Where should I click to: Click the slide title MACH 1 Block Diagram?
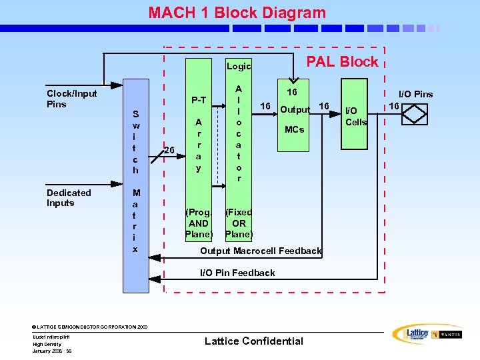(x=237, y=13)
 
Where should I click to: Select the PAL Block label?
(x=341, y=62)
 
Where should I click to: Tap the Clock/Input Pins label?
(x=71, y=99)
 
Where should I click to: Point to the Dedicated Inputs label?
(x=69, y=197)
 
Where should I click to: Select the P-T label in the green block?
(x=199, y=100)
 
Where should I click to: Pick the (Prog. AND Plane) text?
(x=199, y=223)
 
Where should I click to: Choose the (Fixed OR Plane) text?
(x=239, y=223)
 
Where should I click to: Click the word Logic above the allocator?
(x=239, y=66)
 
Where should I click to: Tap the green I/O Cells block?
(x=355, y=133)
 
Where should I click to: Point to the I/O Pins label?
(x=415, y=94)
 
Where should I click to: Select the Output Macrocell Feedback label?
(x=261, y=251)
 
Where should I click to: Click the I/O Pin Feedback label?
(x=237, y=273)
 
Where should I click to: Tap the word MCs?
(x=294, y=129)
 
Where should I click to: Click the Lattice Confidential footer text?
(x=253, y=341)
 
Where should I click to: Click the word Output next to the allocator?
(x=295, y=109)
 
